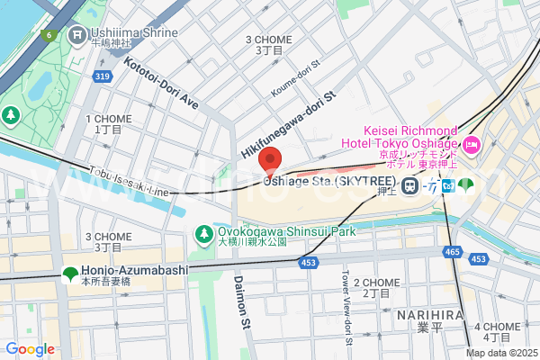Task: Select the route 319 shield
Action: pos(102,77)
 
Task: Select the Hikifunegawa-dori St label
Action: pos(287,126)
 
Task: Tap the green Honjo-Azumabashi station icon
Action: pos(69,274)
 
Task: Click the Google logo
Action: pos(30,349)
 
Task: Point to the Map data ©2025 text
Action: pos(500,353)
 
